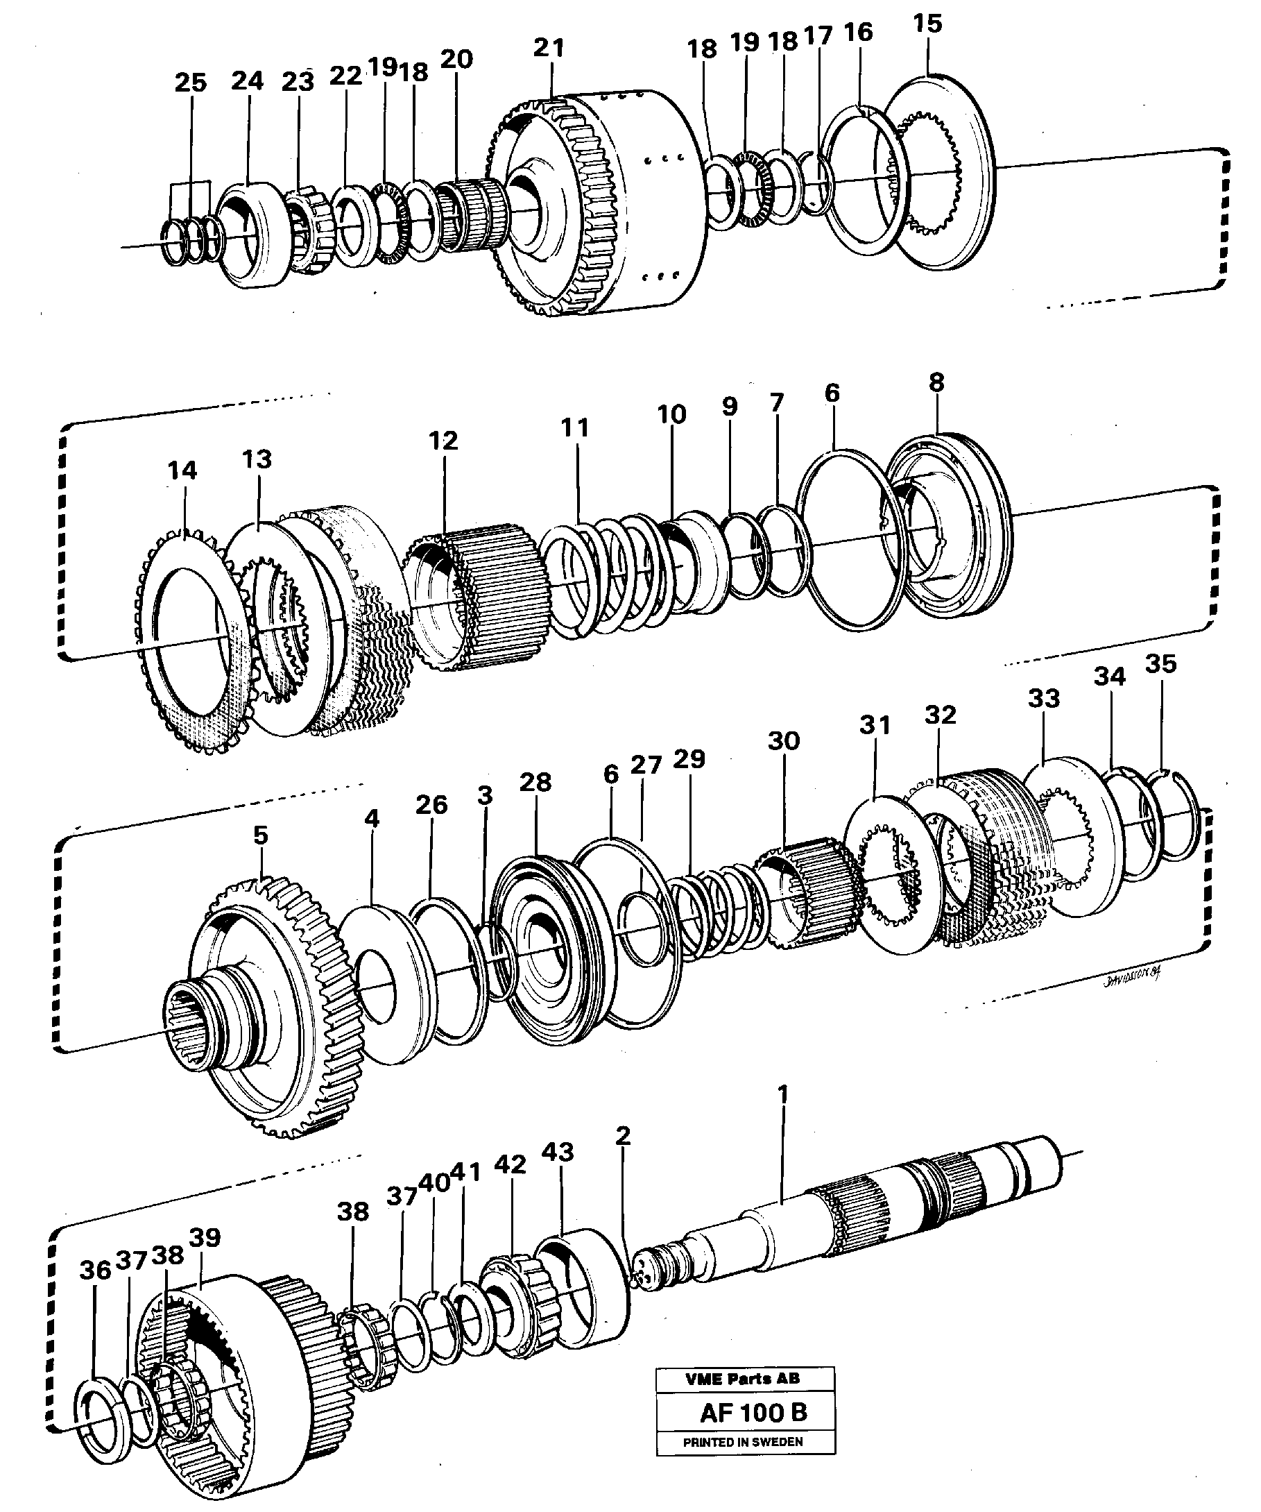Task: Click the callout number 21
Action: [549, 49]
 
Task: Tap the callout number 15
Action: [927, 24]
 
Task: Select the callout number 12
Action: [443, 441]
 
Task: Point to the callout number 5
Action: [260, 835]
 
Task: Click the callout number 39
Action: [205, 1238]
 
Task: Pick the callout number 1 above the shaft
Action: [783, 1095]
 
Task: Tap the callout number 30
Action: [783, 740]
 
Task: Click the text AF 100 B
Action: [753, 1412]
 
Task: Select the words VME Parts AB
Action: [742, 1378]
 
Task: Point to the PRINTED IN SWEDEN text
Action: [743, 1442]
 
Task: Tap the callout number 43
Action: [558, 1152]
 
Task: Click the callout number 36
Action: [94, 1271]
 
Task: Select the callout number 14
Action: [182, 471]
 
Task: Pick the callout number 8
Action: [936, 383]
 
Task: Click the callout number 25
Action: [190, 83]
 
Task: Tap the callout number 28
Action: [535, 783]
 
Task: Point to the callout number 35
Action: [1160, 664]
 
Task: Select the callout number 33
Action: [1044, 697]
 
